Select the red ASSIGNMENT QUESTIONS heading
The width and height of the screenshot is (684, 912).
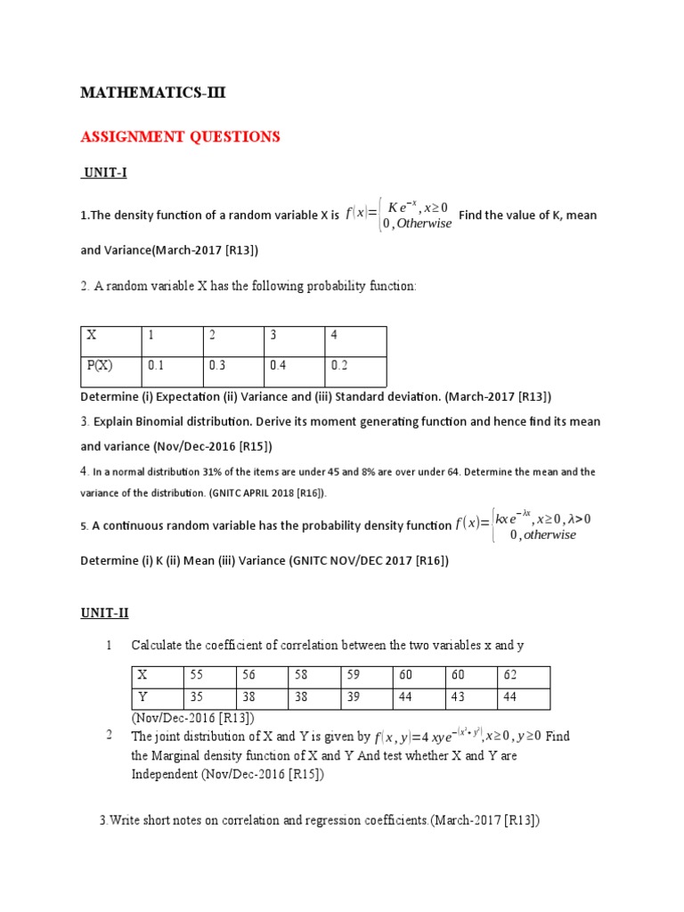180,136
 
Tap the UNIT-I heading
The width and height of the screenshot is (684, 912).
104,173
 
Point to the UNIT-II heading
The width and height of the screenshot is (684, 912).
105,613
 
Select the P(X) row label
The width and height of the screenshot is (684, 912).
100,364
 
